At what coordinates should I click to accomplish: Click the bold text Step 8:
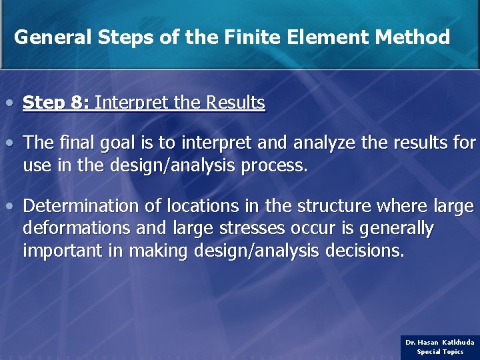click(x=56, y=103)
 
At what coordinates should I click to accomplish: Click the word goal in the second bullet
click(x=129, y=143)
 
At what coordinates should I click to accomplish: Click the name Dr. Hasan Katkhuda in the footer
click(x=440, y=342)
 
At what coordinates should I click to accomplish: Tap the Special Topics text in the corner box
click(x=440, y=351)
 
